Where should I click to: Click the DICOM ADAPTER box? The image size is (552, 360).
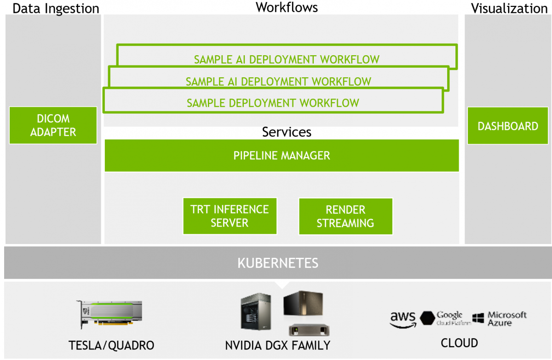tap(53, 125)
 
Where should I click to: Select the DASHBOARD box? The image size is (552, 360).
tap(508, 126)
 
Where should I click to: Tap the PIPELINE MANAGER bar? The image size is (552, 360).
tap(282, 156)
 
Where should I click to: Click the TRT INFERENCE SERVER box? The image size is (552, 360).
tap(230, 216)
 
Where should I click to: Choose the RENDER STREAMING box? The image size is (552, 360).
tap(345, 216)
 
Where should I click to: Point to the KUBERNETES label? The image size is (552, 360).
tap(278, 263)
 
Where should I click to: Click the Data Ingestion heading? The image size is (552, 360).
tap(56, 9)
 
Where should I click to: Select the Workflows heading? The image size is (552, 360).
tap(287, 7)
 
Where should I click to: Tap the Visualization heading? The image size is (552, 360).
tap(509, 8)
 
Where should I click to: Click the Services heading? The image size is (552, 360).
tap(287, 132)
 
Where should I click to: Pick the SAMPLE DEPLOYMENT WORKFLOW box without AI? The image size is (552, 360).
tap(273, 100)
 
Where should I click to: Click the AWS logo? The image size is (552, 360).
tap(403, 320)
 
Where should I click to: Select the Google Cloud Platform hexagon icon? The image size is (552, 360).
tap(427, 318)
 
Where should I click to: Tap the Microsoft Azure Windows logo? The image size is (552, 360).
tap(478, 318)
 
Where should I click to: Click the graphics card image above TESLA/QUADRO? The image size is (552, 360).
tap(109, 314)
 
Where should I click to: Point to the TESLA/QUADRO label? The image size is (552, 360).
tap(111, 345)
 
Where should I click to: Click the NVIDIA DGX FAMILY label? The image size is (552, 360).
tap(278, 345)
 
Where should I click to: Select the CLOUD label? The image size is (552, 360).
tap(460, 343)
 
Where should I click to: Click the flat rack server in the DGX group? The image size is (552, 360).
tap(309, 330)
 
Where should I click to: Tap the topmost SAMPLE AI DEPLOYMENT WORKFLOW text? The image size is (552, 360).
tap(287, 60)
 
